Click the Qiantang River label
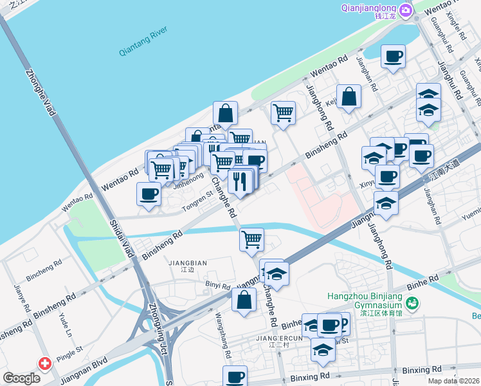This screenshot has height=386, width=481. (x=143, y=42)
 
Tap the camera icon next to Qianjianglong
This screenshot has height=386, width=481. (x=405, y=10)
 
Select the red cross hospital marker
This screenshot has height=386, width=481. (x=45, y=364)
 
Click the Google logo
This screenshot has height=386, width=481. (x=21, y=378)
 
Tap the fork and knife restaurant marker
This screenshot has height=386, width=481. (x=240, y=181)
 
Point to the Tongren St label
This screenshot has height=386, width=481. (x=197, y=202)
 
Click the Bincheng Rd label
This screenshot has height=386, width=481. (x=44, y=264)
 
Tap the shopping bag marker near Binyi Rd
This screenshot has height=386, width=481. (x=244, y=300)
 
